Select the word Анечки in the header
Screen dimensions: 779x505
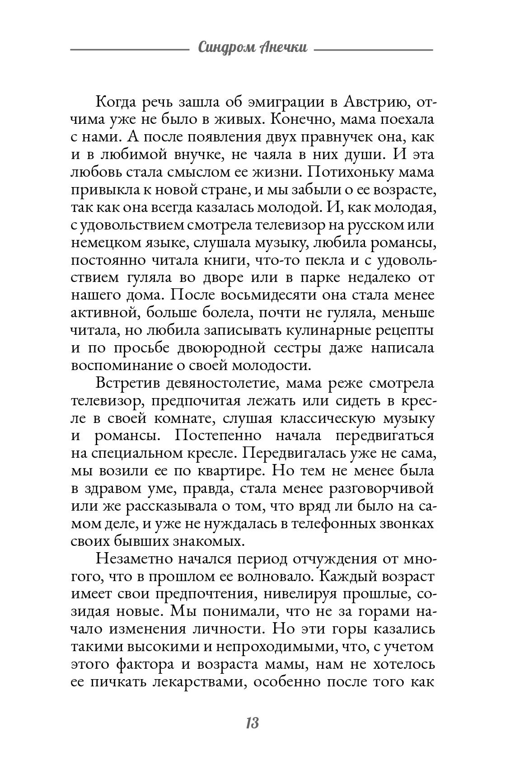pyautogui.click(x=284, y=47)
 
